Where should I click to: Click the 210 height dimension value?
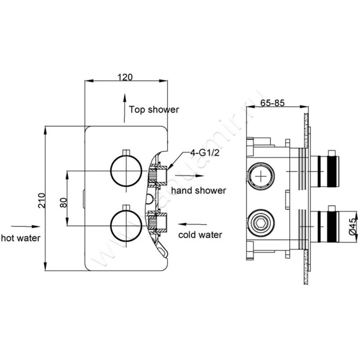point(41,199)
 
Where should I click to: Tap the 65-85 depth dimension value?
point(272,103)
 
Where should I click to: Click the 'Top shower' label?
point(154,109)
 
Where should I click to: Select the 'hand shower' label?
point(198,190)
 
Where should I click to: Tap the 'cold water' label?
point(200,235)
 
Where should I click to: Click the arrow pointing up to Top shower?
point(125,108)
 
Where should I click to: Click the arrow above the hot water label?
point(21,227)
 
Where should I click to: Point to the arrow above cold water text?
point(189,224)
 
